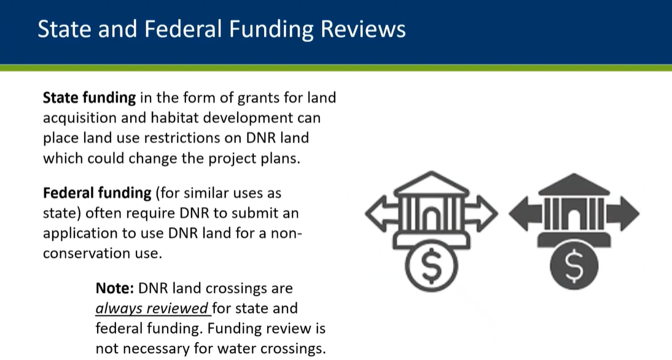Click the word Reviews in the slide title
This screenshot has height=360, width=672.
(363, 29)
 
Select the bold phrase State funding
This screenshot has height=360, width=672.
(89, 98)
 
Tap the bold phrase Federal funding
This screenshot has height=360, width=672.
(97, 194)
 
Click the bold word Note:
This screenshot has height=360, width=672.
(115, 288)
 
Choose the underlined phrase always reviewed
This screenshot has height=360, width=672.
(152, 308)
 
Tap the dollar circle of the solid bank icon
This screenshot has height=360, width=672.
(574, 265)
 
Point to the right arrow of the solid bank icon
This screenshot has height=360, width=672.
(623, 213)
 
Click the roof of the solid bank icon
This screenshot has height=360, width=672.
(574, 185)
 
